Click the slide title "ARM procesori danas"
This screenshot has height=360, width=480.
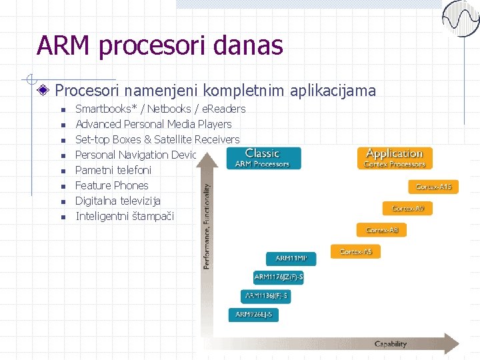(160, 45)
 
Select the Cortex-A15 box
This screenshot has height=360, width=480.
(433, 187)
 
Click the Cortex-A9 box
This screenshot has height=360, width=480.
(407, 209)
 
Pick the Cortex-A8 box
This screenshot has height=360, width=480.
(381, 230)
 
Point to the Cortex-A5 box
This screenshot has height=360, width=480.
(356, 251)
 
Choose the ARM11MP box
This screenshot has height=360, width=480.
(291, 258)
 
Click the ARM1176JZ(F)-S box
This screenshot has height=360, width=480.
(279, 277)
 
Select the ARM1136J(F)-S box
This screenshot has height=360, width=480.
(266, 295)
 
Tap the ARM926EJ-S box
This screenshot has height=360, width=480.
(253, 314)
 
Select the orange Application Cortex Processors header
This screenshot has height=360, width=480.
(395, 158)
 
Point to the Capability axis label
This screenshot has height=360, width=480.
(390, 345)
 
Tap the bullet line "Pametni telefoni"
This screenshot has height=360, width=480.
(113, 170)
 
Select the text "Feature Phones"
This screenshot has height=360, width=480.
(112, 185)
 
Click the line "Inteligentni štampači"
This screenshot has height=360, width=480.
(125, 216)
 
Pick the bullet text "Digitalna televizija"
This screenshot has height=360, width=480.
(118, 201)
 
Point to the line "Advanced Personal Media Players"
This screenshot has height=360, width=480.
(153, 124)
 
